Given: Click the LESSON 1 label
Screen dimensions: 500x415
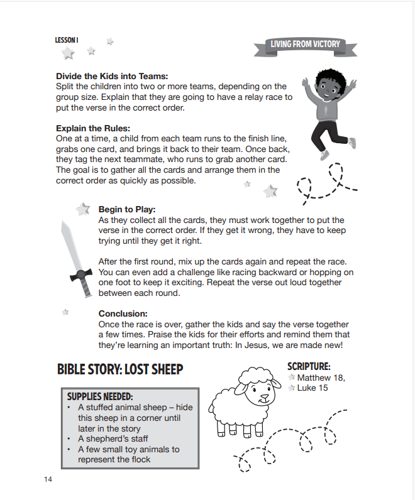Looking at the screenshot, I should (67, 40).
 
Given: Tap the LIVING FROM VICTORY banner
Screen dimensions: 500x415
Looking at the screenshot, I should (305, 45).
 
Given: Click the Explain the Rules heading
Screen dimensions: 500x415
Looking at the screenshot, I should (93, 128).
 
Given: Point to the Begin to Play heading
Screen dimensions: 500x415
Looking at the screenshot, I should (127, 209).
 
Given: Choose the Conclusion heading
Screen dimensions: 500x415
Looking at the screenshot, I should (123, 313).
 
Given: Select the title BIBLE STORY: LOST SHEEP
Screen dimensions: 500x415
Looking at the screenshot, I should (120, 369).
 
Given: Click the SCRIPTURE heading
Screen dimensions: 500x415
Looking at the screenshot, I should (309, 366).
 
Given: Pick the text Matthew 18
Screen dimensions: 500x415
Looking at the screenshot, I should (321, 378).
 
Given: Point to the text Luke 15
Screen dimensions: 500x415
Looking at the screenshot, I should (313, 388).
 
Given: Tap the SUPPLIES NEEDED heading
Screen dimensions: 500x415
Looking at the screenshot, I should (100, 396).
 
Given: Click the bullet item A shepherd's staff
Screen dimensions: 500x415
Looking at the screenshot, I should (113, 438).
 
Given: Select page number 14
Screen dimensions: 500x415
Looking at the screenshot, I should (48, 479).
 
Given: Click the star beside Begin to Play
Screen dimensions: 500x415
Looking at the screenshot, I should (82, 209).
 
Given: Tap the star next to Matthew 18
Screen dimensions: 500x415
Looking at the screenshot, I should (291, 378).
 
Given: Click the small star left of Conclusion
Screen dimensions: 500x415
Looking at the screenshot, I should (65, 312).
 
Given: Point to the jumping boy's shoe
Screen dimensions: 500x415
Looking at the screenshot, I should (323, 155).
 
